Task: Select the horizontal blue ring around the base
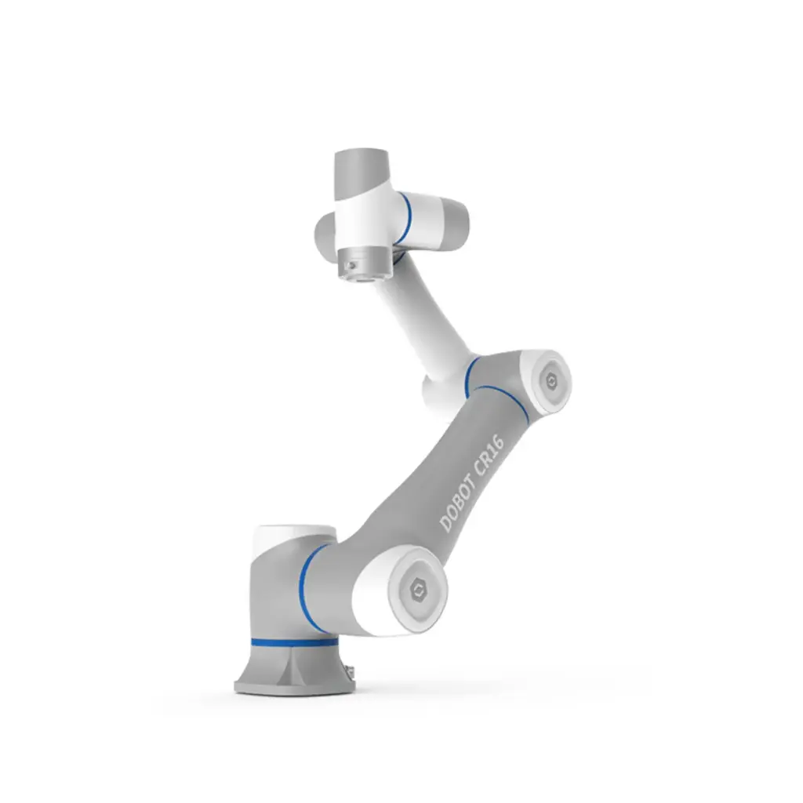coord(294,641)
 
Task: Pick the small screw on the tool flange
coord(351,266)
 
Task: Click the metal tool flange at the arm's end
coord(363,265)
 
